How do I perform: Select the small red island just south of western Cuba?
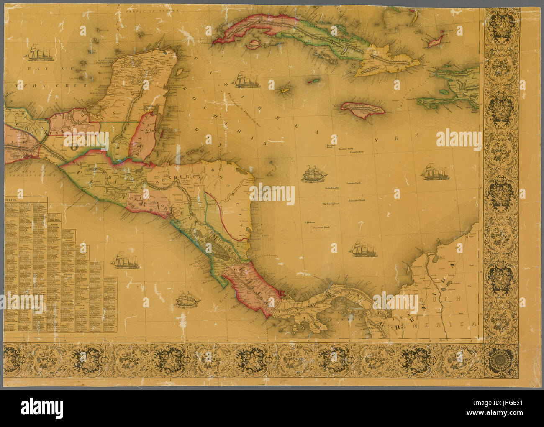click(x=253, y=43)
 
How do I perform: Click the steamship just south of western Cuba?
click(x=245, y=80)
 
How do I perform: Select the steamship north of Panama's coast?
click(x=363, y=248)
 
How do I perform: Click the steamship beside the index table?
click(x=124, y=261)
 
